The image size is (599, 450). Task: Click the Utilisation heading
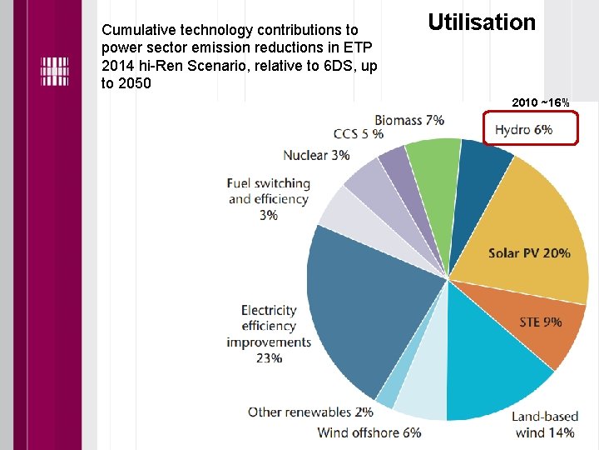tap(482, 22)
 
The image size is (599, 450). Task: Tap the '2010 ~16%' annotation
tap(541, 102)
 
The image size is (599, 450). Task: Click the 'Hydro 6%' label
tap(523, 130)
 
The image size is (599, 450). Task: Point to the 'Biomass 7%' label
tap(408, 120)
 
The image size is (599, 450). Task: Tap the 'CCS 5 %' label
tap(359, 134)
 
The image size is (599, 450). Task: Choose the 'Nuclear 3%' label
tap(316, 155)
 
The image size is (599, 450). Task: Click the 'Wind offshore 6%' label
tap(369, 432)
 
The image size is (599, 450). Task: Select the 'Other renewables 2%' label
tap(310, 412)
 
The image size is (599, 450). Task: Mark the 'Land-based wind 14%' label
tap(543, 424)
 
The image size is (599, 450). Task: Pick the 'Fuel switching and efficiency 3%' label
tap(269, 199)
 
